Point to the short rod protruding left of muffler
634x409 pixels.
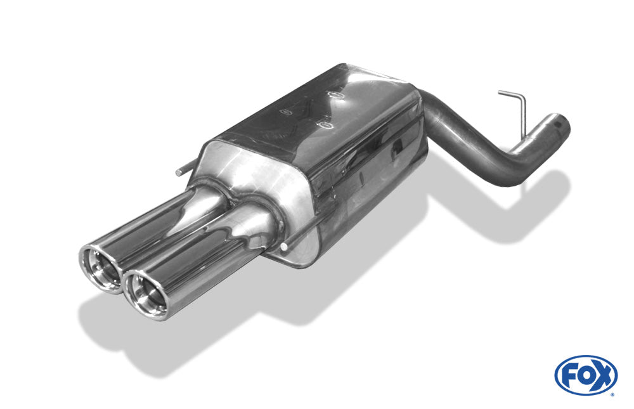[183, 170]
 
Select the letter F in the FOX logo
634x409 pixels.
[569, 375]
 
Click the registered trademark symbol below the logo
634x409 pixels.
[612, 394]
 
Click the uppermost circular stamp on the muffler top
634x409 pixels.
[334, 94]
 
